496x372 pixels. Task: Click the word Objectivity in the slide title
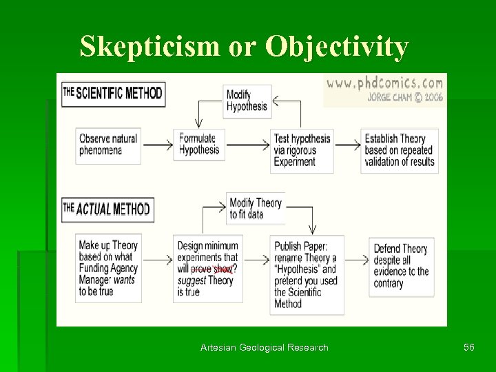(x=338, y=47)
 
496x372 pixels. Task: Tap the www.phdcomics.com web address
(x=384, y=83)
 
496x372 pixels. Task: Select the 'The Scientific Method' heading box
(x=113, y=94)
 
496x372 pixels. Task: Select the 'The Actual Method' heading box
(x=107, y=209)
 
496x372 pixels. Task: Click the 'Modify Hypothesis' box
(x=249, y=101)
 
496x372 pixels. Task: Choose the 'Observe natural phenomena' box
(x=108, y=145)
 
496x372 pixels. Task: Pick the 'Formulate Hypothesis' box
(x=198, y=144)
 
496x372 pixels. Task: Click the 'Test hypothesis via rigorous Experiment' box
(x=302, y=149)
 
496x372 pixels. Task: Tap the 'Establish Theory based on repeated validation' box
(x=400, y=150)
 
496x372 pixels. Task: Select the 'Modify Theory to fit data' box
(x=256, y=208)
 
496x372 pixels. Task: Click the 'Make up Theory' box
(x=108, y=268)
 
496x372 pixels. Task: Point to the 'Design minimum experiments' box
(x=208, y=269)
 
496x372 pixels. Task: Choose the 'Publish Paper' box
(x=307, y=274)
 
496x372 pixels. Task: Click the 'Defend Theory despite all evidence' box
(x=401, y=266)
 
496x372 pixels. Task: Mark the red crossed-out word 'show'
(x=223, y=269)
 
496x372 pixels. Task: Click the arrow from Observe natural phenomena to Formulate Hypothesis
(x=156, y=145)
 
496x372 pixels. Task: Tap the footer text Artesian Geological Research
(x=264, y=348)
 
